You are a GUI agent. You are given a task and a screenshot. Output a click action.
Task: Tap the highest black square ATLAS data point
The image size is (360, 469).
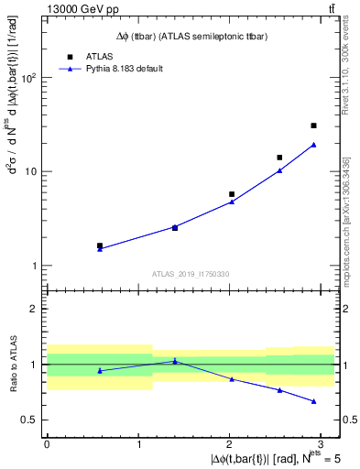point(313,125)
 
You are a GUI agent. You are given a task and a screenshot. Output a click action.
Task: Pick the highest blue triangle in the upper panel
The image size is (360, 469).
point(313,145)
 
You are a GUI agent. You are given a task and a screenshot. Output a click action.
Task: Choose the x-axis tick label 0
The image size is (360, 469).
point(46,443)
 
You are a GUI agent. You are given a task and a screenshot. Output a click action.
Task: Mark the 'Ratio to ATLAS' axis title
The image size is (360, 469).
point(12,365)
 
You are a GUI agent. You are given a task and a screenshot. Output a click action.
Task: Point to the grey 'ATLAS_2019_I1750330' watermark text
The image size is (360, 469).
point(191,274)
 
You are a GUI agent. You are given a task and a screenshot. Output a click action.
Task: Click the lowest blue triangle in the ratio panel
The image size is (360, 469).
point(313,401)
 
